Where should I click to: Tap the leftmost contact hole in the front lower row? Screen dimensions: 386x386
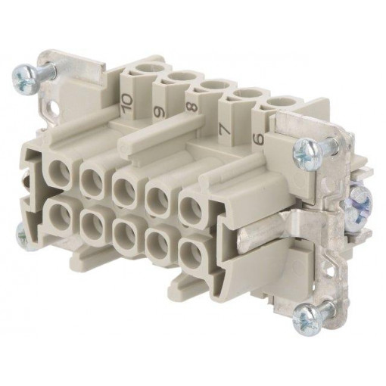click(59, 213)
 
